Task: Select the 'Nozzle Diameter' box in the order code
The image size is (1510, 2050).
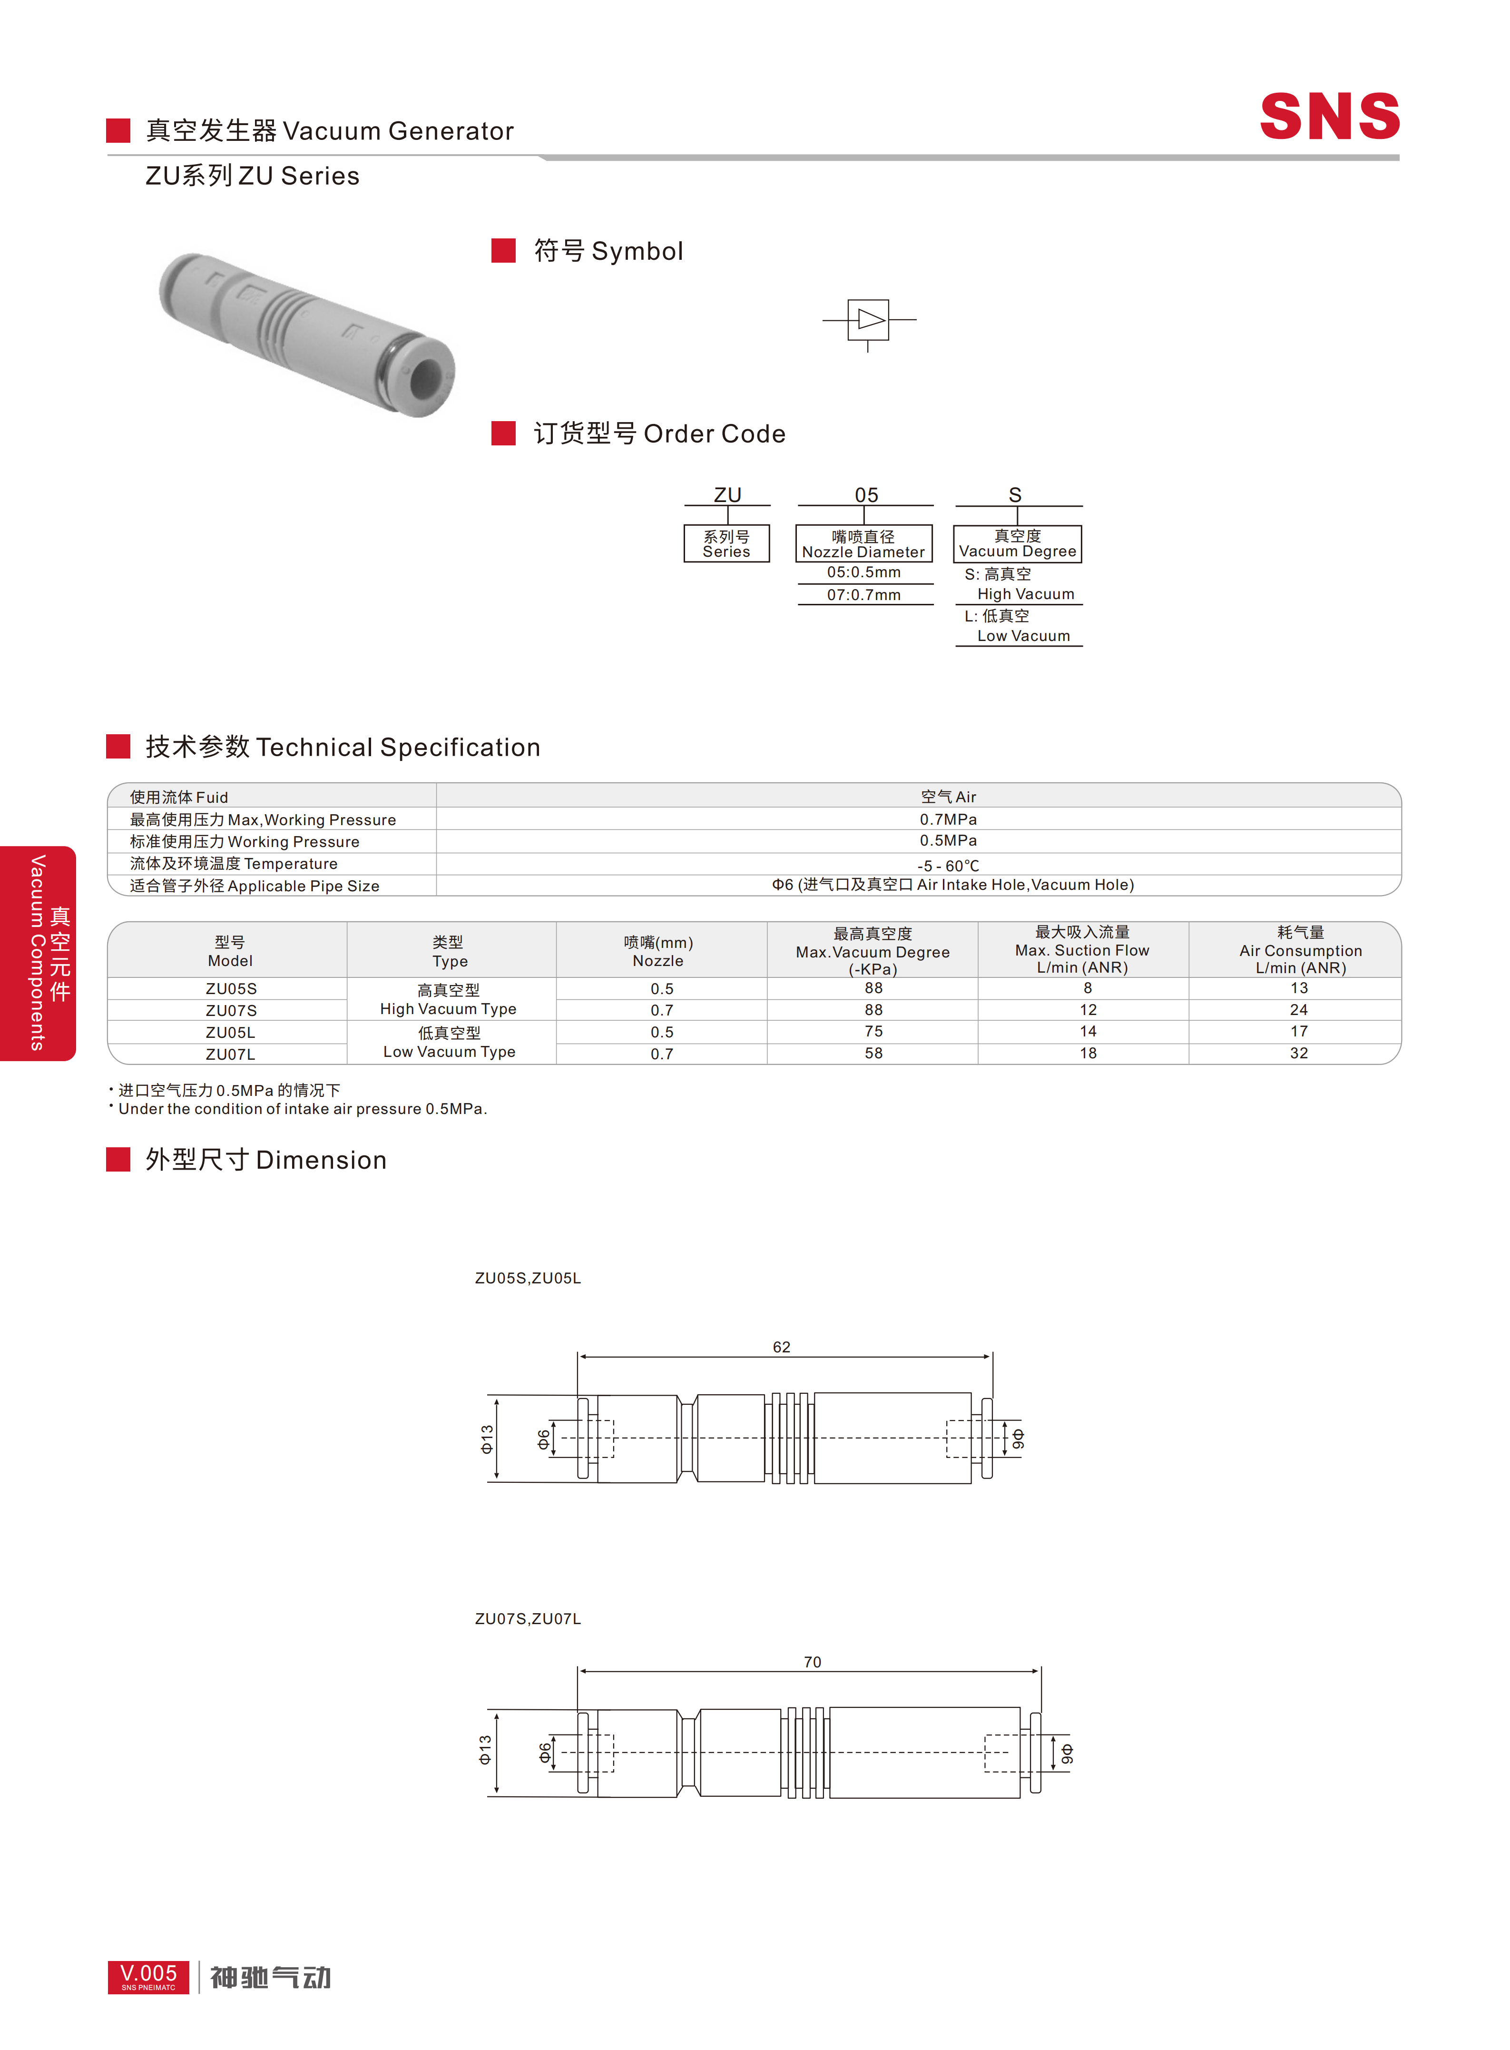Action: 864,543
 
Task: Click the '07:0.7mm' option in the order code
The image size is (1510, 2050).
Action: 864,594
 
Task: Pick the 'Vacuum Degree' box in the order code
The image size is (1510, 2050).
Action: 1017,543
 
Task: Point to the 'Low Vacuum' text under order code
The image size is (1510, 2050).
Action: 1024,635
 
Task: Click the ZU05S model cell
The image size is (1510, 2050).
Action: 231,988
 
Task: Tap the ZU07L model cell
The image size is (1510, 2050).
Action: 230,1054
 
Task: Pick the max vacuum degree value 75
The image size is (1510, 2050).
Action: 874,1031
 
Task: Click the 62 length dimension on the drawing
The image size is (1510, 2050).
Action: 782,1347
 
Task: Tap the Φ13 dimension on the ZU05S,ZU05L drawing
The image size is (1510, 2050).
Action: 487,1439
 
